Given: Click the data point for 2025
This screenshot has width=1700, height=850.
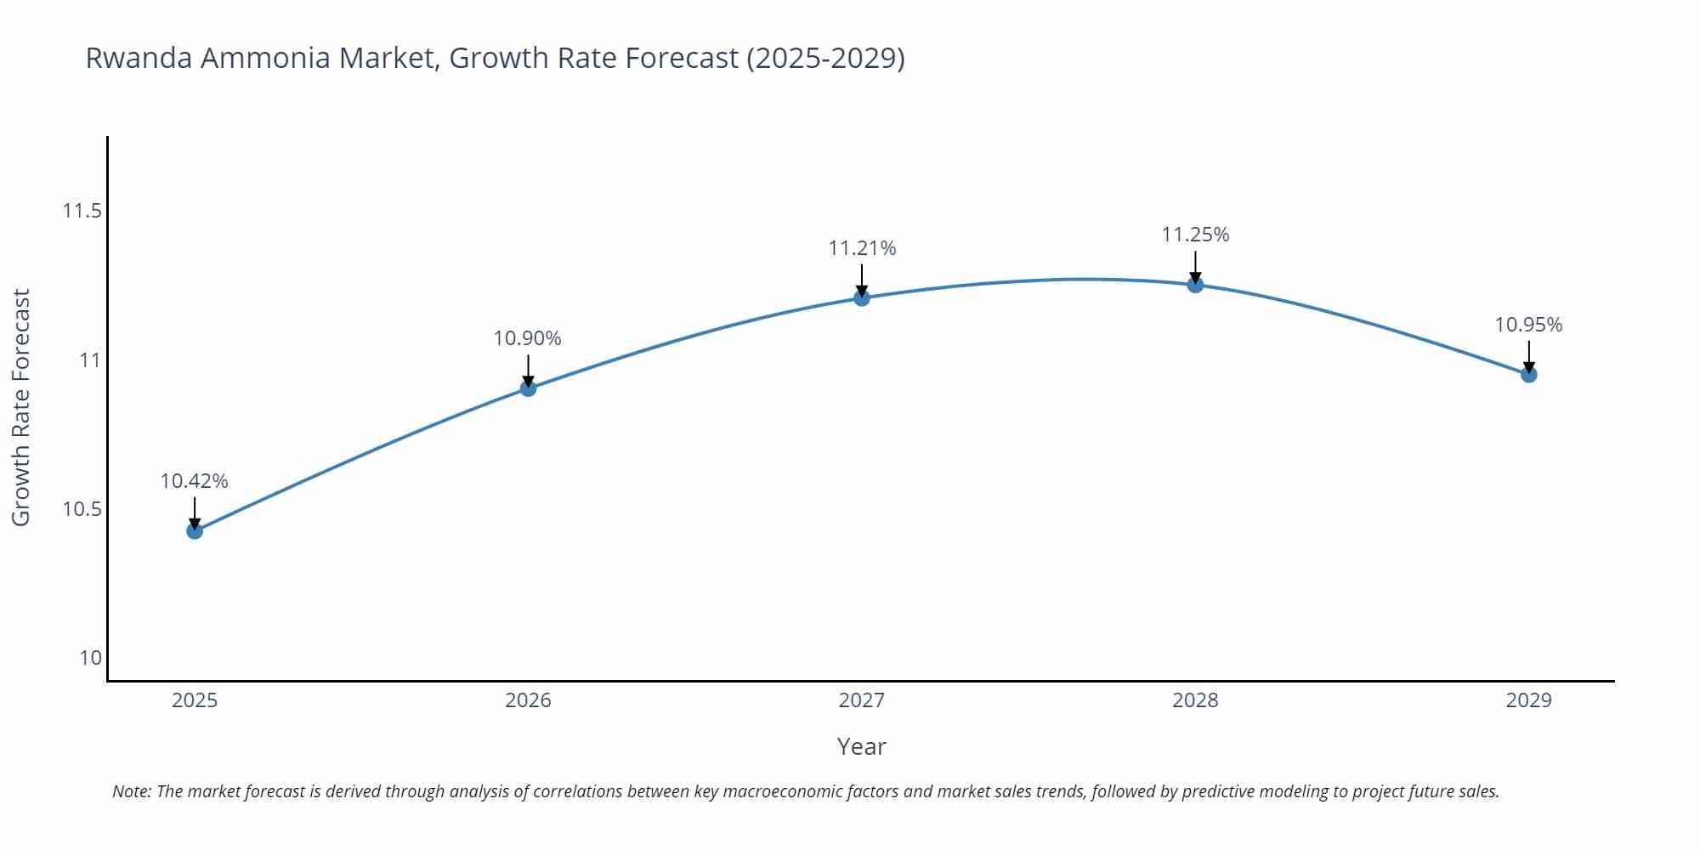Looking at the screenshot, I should coord(195,531).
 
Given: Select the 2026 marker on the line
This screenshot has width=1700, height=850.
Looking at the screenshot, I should coord(528,388).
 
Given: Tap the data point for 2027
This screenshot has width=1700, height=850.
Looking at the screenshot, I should coord(862,297).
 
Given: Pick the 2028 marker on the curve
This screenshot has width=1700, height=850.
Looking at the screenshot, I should coord(1195,285).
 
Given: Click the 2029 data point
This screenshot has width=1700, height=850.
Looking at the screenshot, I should coord(1528,374).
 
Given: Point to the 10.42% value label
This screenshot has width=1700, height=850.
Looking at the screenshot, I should coord(195,481).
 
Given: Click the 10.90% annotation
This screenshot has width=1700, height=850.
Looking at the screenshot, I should coord(528,338).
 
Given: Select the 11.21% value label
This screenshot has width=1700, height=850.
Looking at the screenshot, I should coord(862,248).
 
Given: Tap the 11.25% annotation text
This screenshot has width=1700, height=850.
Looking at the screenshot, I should coord(1195,235).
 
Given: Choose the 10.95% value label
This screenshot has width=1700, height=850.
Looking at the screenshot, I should coord(1528,325).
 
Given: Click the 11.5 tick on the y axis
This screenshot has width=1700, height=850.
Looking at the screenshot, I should coord(82,211).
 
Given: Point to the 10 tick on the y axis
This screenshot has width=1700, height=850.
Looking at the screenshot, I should coord(90,658).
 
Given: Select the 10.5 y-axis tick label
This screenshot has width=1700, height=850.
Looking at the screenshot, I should coord(82,509).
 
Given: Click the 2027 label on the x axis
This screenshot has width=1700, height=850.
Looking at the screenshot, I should coord(862,700).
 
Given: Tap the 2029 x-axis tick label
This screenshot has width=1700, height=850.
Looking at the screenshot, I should coord(1528,700).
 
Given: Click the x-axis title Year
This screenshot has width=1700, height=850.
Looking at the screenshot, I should coord(861,746).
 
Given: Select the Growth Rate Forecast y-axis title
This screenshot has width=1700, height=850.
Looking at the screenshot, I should coord(21,407).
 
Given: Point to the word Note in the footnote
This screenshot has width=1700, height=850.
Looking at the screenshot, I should coord(131,791).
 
